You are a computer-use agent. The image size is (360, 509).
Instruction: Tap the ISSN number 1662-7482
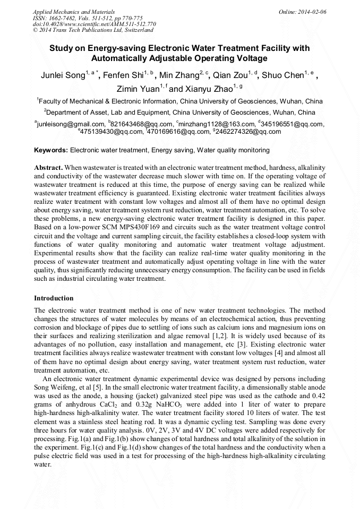coord(65,18)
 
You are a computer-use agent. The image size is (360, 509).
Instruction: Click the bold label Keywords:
coord(51,150)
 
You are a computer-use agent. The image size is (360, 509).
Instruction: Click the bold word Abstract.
coord(48,167)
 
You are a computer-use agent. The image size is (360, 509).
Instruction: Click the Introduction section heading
coord(54,298)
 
